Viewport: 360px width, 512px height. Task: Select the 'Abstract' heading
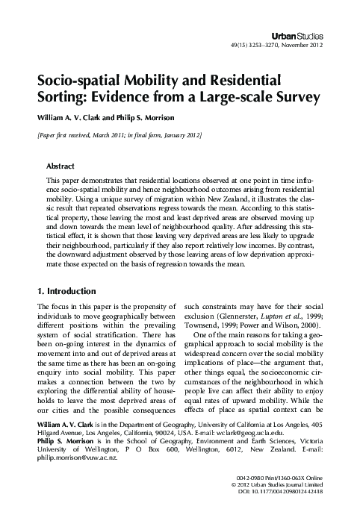coord(60,166)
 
